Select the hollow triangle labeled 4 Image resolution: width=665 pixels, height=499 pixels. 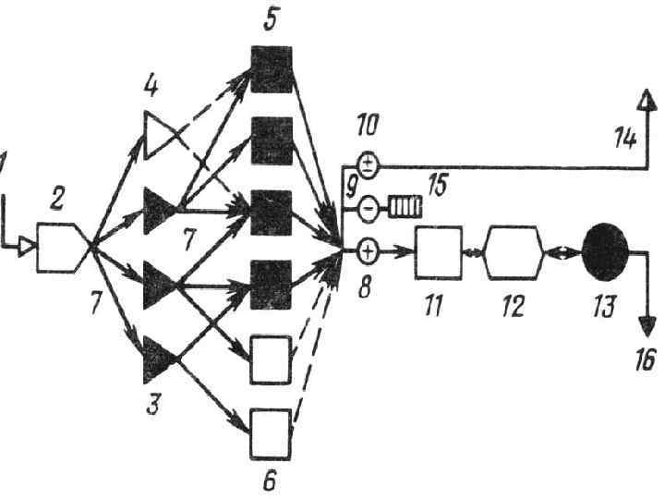160,137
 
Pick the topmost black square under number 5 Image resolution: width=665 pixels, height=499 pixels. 272,68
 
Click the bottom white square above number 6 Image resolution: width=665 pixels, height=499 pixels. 272,432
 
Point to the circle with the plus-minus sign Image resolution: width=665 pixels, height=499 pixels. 368,166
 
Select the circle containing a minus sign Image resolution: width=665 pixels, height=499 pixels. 368,207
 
